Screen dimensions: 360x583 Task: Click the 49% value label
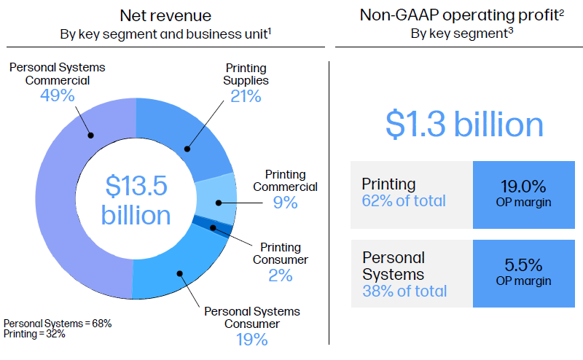[x=57, y=95]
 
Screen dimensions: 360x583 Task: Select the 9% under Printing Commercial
[x=286, y=203]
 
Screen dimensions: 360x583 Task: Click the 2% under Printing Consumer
[x=281, y=275]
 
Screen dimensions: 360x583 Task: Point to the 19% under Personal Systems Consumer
[x=251, y=339]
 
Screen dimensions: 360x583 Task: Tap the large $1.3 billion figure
[x=464, y=124]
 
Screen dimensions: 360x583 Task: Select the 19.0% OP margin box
[x=524, y=192]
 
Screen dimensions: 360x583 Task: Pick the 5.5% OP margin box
[x=524, y=273]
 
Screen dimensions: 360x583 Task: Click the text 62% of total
[x=404, y=200]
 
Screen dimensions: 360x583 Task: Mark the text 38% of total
[x=405, y=291]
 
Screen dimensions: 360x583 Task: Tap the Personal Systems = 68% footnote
[x=58, y=323]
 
